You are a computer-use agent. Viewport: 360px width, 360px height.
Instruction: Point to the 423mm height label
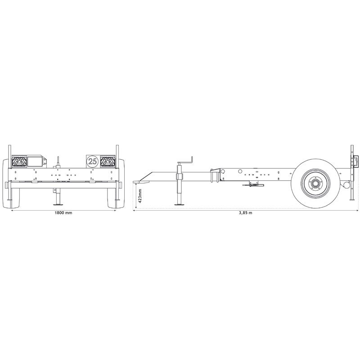tap(140, 196)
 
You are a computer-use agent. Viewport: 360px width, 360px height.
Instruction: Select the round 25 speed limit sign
tap(92, 161)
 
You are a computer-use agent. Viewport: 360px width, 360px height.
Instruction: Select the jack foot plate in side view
tap(179, 205)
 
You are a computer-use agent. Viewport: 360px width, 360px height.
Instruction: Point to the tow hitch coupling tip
tap(137, 182)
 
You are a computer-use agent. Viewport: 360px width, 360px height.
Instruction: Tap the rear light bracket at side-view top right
tap(356, 161)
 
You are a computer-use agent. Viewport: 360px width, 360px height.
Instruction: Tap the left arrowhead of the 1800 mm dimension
tap(11, 210)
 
